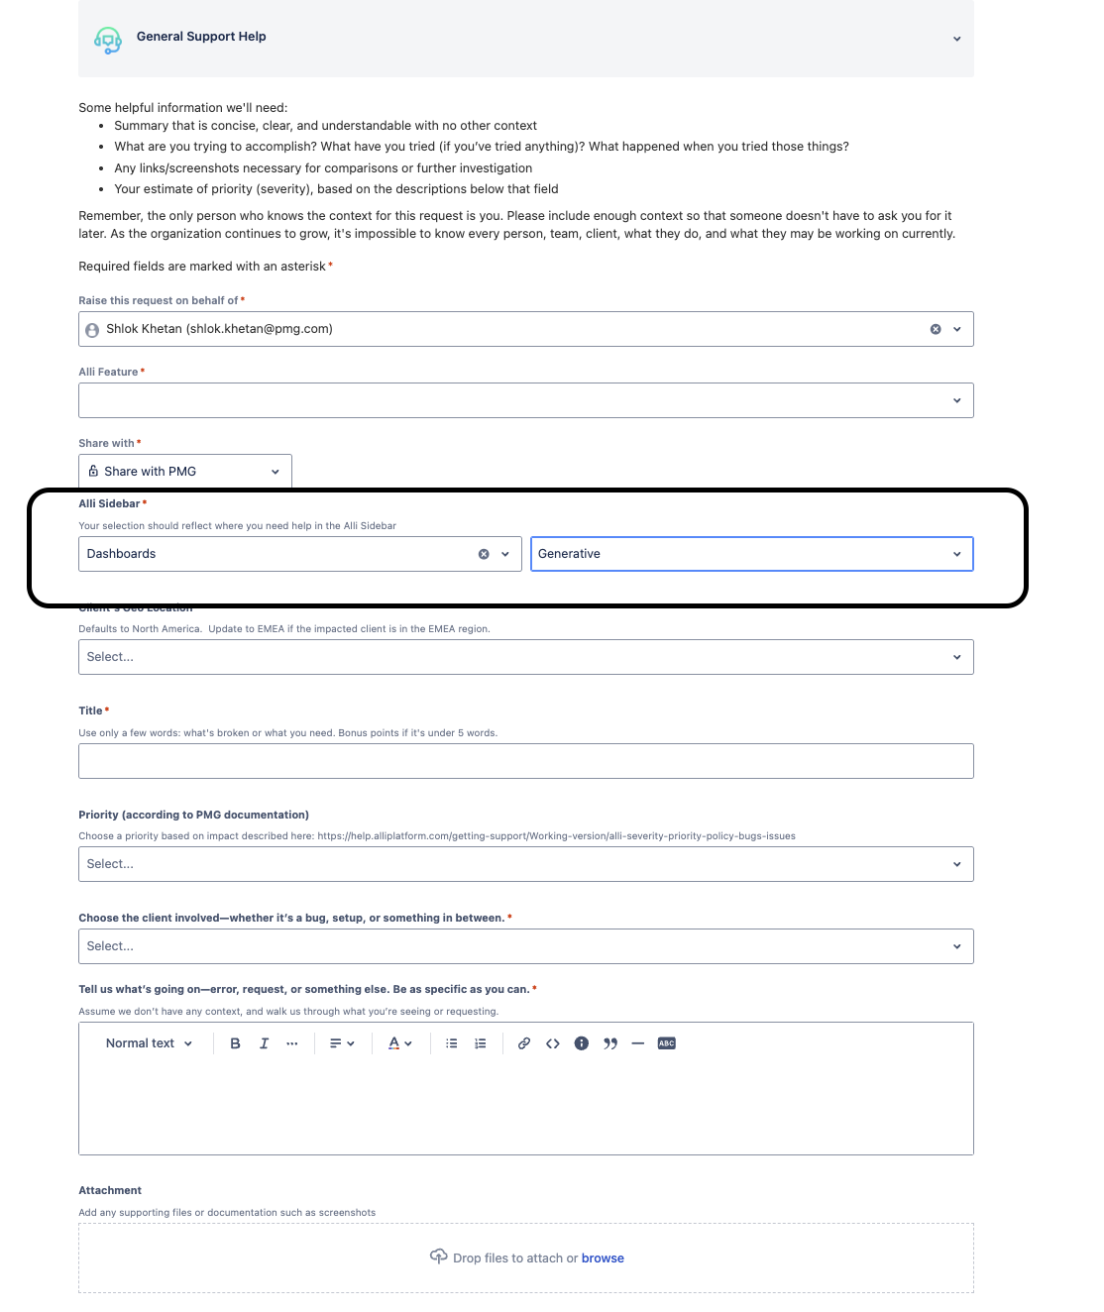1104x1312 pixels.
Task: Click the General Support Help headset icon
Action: [x=107, y=40]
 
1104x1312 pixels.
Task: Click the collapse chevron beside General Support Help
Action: [x=956, y=39]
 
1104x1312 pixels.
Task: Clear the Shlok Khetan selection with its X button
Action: [x=936, y=329]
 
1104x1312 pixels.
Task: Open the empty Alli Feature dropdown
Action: [x=525, y=400]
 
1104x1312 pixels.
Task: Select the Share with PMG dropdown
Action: [x=185, y=472]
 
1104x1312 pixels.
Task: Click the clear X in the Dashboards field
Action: [x=484, y=554]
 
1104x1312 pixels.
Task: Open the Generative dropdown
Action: [x=751, y=554]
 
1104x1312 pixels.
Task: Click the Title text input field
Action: [x=525, y=761]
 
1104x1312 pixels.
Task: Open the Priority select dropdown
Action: [x=525, y=864]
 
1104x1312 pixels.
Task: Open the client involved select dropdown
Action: [x=525, y=946]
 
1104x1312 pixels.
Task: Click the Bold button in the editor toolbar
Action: [x=235, y=1043]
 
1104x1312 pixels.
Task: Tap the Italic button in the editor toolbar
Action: [x=264, y=1043]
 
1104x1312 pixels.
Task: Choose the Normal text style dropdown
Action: [x=149, y=1043]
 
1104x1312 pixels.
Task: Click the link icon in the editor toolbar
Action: [x=524, y=1043]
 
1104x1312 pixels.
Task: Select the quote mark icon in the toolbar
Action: [x=610, y=1043]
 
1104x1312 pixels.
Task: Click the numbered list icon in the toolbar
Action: [x=481, y=1043]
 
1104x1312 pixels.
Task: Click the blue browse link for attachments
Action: [x=603, y=1258]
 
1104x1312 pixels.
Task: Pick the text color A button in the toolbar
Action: [x=394, y=1043]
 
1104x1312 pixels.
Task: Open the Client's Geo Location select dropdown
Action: [x=525, y=657]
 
